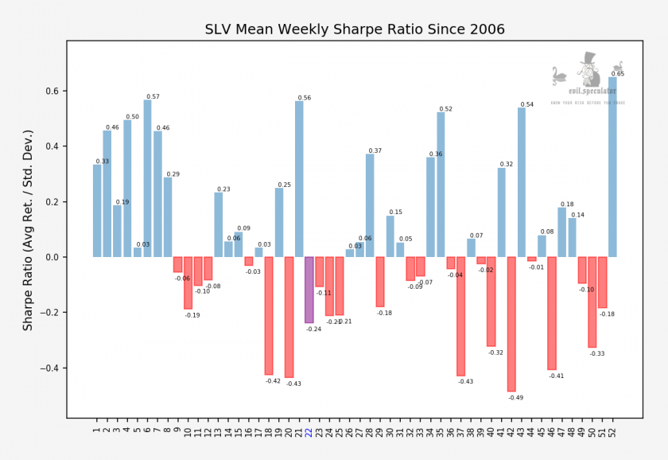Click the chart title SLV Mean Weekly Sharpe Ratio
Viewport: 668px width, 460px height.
[x=355, y=30]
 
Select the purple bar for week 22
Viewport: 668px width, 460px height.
[x=309, y=290]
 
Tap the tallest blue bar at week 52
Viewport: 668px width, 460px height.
[x=612, y=167]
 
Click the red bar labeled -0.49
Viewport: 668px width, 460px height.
[x=511, y=324]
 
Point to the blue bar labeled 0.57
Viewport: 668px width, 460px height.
[x=148, y=178]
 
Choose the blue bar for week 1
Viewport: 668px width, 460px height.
[x=97, y=211]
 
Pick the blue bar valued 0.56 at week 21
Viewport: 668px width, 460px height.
[x=299, y=179]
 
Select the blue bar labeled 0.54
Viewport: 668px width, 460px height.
[x=522, y=182]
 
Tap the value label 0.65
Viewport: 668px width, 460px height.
[x=618, y=74]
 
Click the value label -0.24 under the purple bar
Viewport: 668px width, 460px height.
[x=313, y=329]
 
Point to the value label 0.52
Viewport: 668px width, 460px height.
[x=445, y=109]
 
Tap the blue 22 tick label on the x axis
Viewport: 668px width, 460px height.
[x=309, y=433]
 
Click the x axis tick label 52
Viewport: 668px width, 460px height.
[x=612, y=433]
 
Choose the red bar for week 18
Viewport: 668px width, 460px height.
[x=269, y=315]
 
